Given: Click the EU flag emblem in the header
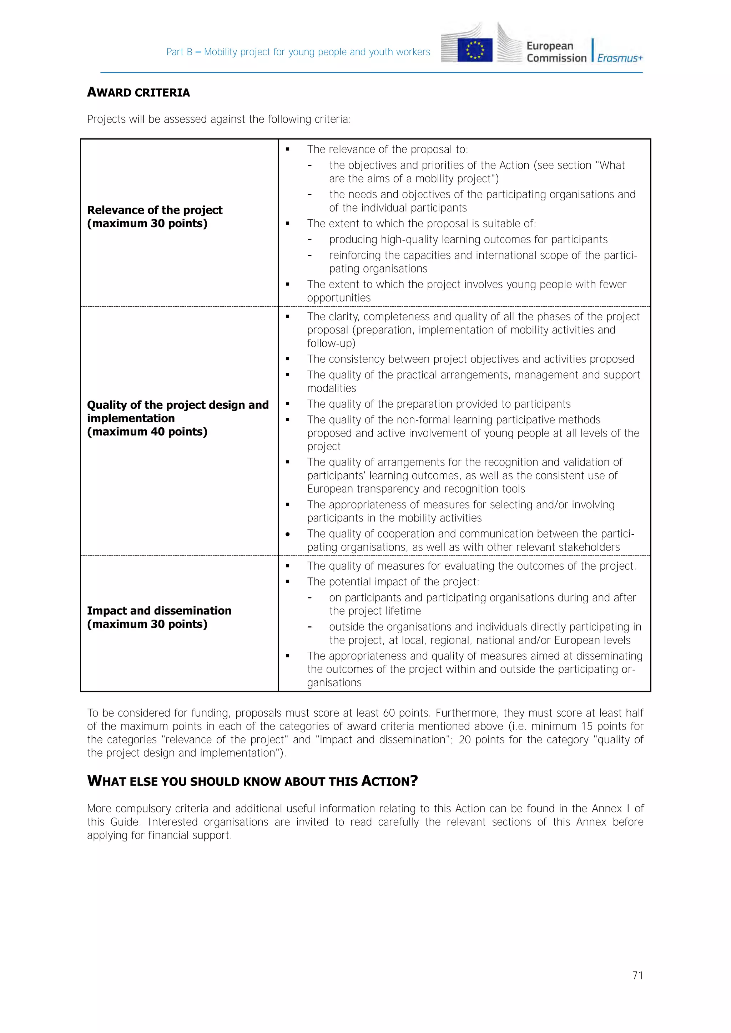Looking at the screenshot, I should point(474,50).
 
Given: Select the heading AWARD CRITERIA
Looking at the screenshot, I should point(138,93).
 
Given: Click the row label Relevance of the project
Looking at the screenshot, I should point(155,210).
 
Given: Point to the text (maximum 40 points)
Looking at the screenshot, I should point(147,432).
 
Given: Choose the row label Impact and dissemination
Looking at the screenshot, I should point(159,611).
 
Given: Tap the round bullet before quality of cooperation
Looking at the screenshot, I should point(288,534).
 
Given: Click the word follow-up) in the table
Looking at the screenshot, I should point(331,344).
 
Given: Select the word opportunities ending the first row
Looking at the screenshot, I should point(338,298).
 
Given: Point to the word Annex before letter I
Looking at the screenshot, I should point(606,809).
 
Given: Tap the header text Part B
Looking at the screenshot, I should point(179,52).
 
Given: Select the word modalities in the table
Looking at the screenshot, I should point(331,388).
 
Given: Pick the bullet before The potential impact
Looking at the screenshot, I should point(288,582).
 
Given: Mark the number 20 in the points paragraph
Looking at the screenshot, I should point(464,740).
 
